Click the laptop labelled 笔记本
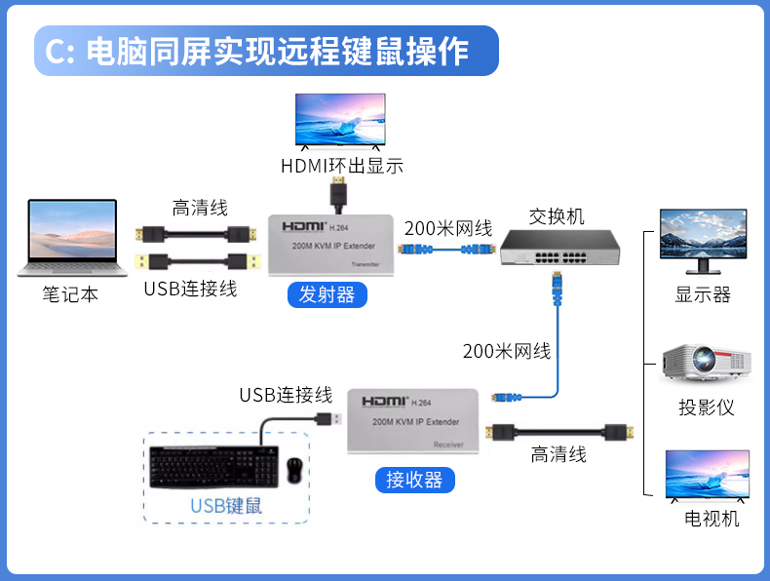[72, 238]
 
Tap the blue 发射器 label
[327, 294]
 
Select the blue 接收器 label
[414, 480]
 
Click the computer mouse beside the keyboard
[294, 471]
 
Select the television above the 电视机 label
[708, 475]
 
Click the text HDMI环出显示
[341, 166]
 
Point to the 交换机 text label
[557, 215]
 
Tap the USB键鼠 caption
[226, 505]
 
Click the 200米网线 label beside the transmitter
[448, 228]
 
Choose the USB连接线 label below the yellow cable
[190, 289]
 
